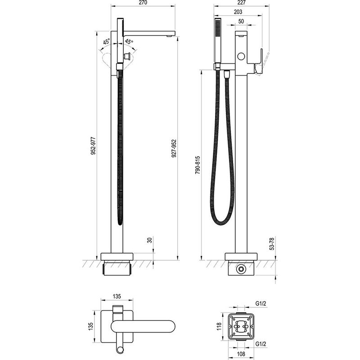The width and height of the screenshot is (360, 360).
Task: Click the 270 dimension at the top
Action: [x=143, y=3]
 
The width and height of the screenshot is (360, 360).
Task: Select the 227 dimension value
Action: [x=242, y=3]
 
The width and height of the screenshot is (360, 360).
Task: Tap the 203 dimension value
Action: [x=238, y=12]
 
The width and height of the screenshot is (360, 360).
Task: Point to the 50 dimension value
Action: [x=241, y=21]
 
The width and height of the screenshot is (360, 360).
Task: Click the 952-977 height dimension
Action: [x=93, y=145]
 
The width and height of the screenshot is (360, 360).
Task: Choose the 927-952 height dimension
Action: [x=174, y=148]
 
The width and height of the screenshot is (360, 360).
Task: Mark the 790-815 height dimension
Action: [x=198, y=165]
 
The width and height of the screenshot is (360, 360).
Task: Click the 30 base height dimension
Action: [x=150, y=240]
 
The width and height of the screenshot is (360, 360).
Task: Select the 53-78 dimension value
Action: [x=272, y=244]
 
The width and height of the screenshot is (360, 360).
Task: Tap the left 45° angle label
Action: [x=106, y=42]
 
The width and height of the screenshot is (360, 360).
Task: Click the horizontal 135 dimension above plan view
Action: [x=117, y=297]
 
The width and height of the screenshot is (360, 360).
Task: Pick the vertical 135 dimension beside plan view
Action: [x=90, y=326]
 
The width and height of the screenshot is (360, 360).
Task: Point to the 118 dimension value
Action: [x=219, y=326]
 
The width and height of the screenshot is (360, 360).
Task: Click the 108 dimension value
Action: [x=241, y=354]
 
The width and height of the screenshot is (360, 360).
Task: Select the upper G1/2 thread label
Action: [x=261, y=303]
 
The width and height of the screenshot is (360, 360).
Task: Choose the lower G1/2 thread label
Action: [x=261, y=344]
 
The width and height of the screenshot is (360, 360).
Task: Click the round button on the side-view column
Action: [x=241, y=56]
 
